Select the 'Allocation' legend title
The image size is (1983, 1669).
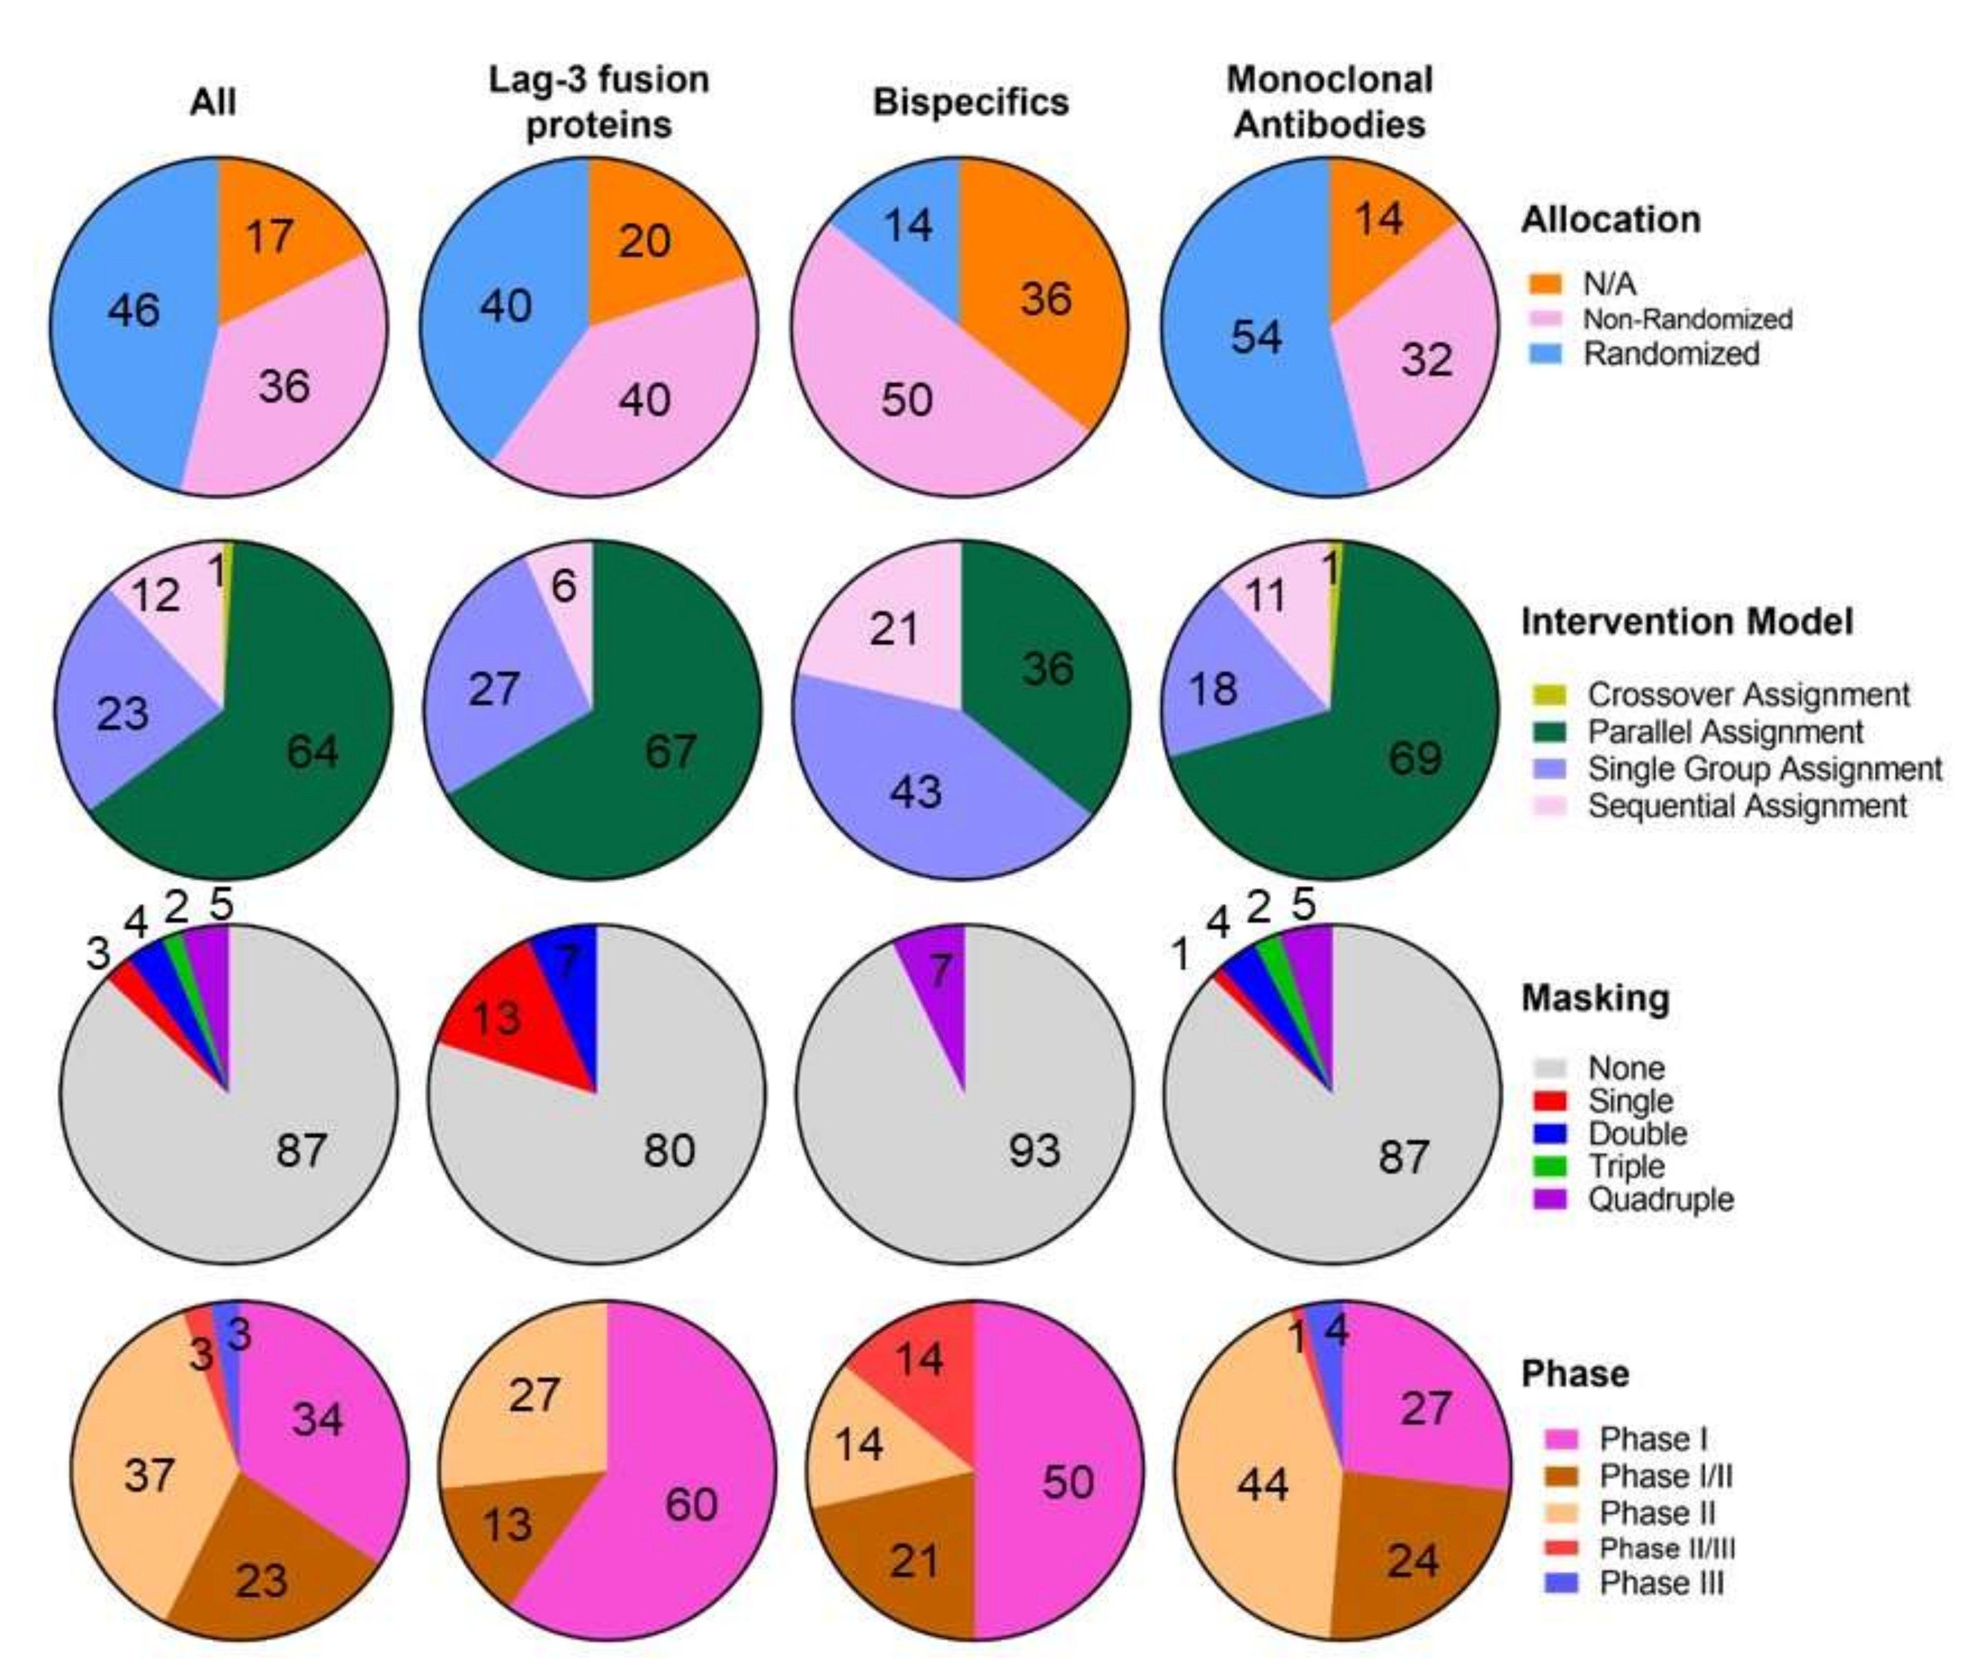pyautogui.click(x=1610, y=219)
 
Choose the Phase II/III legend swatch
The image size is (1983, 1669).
pyautogui.click(x=1560, y=1549)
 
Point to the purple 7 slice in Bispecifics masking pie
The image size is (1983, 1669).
pyautogui.click(x=936, y=975)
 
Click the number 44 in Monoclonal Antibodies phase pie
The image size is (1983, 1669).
pyautogui.click(x=1262, y=1484)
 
